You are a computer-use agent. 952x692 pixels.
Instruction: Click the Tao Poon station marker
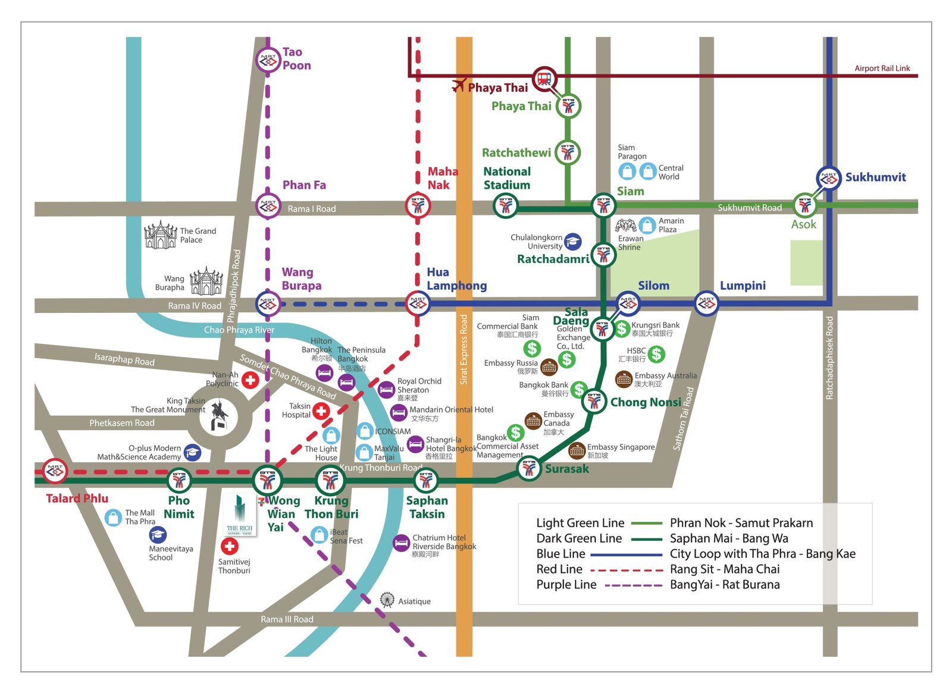[x=268, y=60]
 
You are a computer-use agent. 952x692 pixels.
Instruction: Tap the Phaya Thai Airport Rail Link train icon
[x=544, y=78]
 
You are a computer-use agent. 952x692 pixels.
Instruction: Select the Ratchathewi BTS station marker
[x=568, y=152]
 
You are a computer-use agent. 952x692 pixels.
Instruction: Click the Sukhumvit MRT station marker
[x=828, y=178]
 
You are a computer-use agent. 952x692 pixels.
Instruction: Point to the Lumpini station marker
[x=706, y=304]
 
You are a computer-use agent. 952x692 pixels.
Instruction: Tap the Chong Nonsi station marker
[x=594, y=401]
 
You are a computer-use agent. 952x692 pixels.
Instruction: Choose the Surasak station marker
[x=528, y=468]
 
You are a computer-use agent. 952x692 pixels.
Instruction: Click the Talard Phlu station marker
[x=55, y=471]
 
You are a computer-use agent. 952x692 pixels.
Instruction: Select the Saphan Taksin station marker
[x=425, y=480]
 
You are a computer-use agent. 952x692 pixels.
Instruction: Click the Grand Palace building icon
[x=161, y=235]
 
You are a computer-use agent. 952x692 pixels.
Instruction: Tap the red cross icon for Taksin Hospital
[x=321, y=411]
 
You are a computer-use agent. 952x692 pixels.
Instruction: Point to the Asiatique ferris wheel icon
[x=387, y=600]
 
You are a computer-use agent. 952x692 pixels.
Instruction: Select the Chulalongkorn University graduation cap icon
[x=572, y=242]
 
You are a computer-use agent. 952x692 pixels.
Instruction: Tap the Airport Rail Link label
[x=882, y=68]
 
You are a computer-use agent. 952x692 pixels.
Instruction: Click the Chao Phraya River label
[x=239, y=330]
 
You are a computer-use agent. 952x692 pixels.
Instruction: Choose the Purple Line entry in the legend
[x=566, y=585]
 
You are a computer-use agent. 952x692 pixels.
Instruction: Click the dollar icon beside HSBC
[x=656, y=355]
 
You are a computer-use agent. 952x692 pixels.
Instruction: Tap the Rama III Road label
[x=287, y=619]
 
